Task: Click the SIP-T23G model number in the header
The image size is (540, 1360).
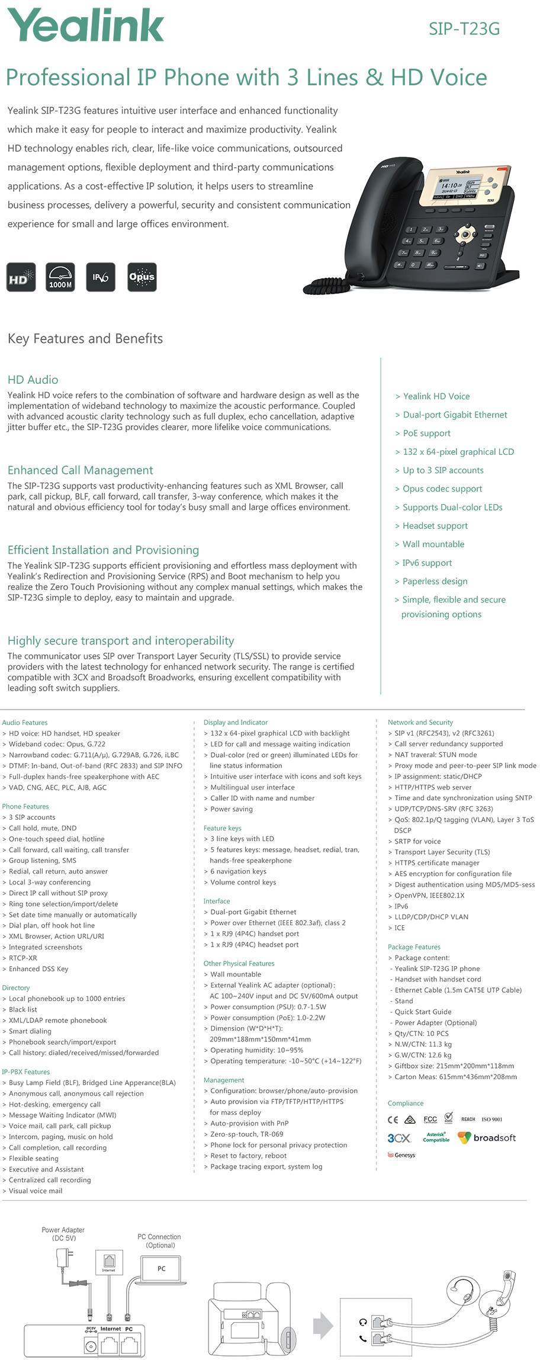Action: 464,28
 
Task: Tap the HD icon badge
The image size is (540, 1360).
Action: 21,277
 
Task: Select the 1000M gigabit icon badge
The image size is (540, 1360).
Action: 60,277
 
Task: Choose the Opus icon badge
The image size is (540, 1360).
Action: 142,277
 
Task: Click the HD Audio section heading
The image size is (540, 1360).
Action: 33,380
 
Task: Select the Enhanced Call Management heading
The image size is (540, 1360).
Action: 80,470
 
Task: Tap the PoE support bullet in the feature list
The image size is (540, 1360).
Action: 426,433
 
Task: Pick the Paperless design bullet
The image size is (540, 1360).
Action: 435,581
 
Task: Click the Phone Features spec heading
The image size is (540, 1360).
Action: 25,806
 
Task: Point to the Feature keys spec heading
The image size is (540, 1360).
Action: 222,828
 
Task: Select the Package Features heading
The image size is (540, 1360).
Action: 414,947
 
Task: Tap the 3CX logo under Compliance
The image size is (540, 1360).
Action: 399,1138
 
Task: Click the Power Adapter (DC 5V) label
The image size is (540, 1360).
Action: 63,1234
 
